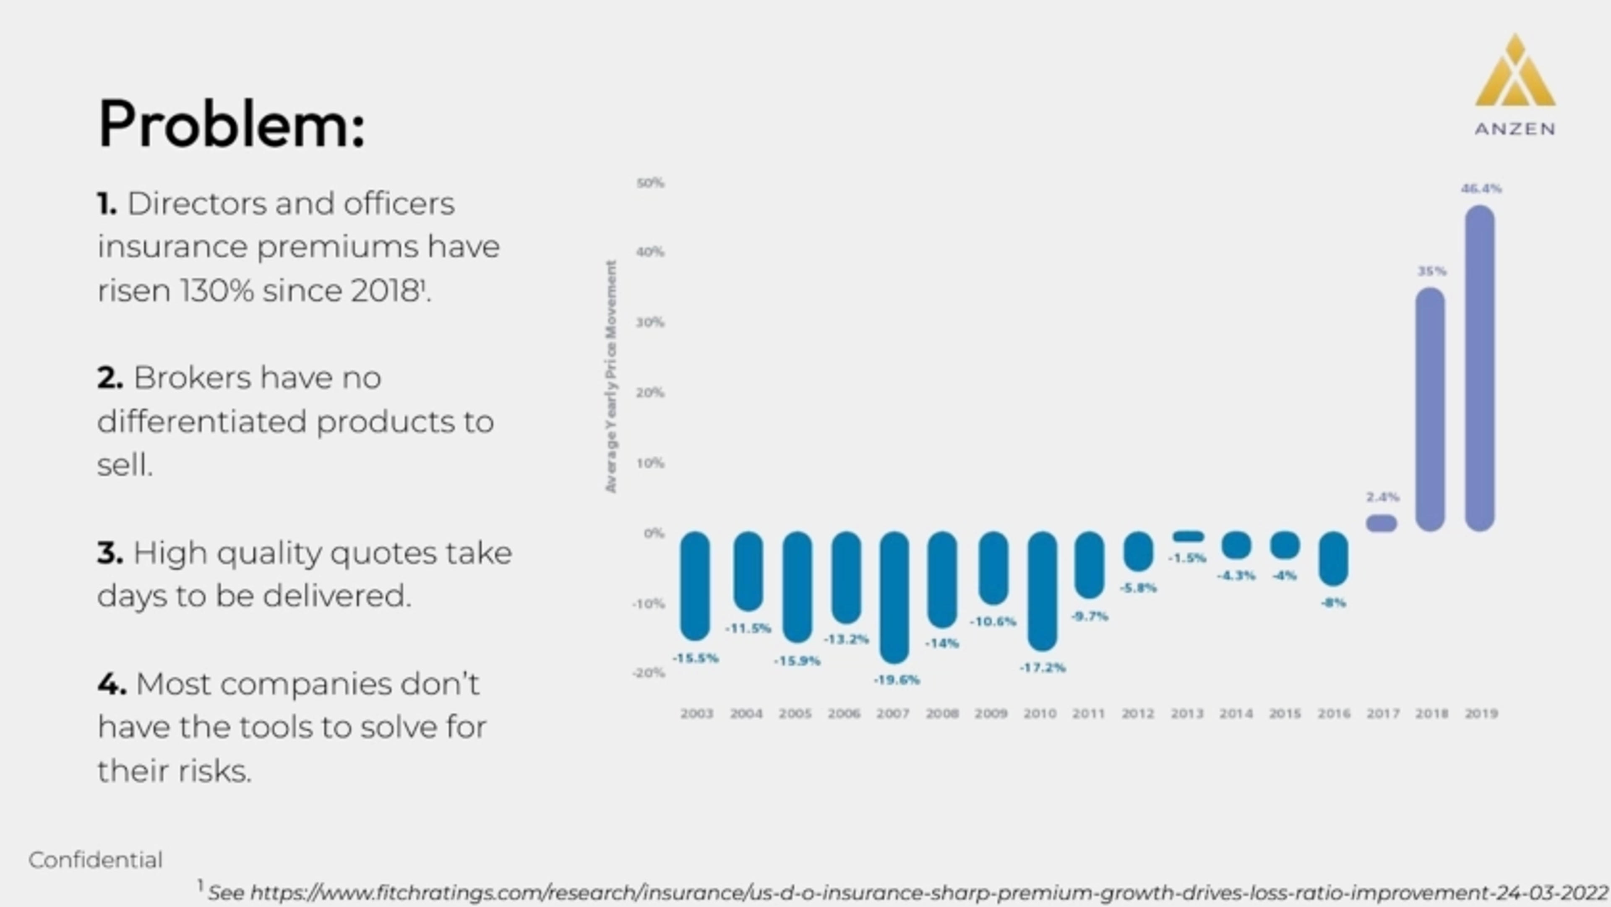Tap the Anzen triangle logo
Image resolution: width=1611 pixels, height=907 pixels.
pyautogui.click(x=1515, y=72)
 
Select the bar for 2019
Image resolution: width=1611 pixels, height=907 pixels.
pyautogui.click(x=1480, y=369)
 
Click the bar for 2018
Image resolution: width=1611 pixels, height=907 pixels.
pyautogui.click(x=1430, y=410)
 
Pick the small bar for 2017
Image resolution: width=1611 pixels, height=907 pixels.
pyautogui.click(x=1382, y=523)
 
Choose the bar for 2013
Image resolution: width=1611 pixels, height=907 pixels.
pyautogui.click(x=1188, y=536)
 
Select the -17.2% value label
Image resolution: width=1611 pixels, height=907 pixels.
pyautogui.click(x=1043, y=668)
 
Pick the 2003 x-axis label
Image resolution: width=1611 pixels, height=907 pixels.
pyautogui.click(x=697, y=714)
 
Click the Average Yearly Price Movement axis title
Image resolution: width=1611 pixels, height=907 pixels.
pyautogui.click(x=611, y=377)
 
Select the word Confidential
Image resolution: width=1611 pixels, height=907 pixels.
pyautogui.click(x=95, y=860)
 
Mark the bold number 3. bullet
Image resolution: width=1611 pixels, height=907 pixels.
pyautogui.click(x=109, y=553)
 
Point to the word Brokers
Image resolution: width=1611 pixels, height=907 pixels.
pyautogui.click(x=193, y=378)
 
